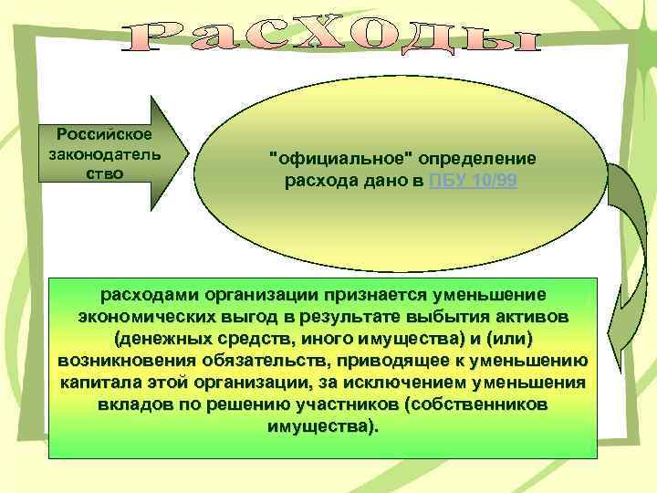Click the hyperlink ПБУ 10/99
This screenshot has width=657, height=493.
tap(474, 181)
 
